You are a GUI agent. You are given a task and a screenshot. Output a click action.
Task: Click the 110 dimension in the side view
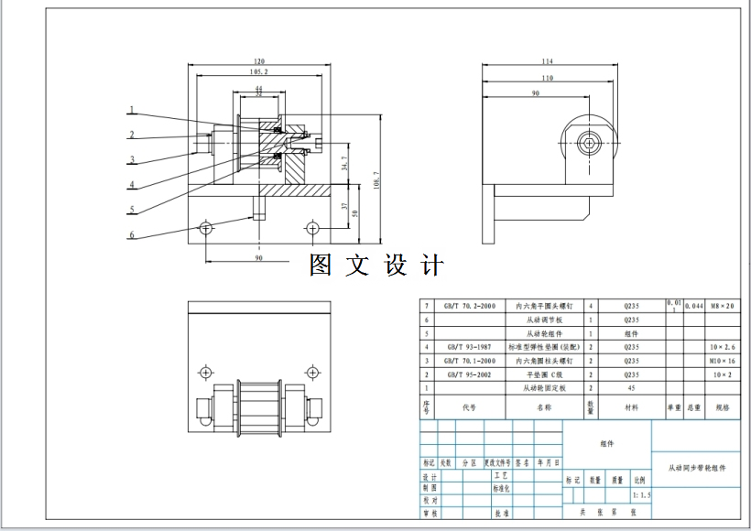[x=548, y=78]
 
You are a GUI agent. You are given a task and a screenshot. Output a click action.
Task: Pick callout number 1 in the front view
[x=132, y=111]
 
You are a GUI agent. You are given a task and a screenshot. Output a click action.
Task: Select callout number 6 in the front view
[x=132, y=235]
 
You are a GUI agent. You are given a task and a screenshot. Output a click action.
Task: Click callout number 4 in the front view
[x=132, y=184]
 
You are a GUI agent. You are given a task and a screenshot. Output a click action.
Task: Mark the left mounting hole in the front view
[x=205, y=227]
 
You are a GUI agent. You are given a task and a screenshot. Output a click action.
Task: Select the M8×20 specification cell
[x=722, y=307]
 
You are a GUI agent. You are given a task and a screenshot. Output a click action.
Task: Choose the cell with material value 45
[x=632, y=388]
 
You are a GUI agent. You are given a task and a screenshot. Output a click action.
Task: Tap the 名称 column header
[x=544, y=406]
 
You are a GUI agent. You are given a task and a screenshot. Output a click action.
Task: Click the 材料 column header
[x=632, y=406]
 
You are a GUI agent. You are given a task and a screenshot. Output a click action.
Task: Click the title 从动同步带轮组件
[x=696, y=468]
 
